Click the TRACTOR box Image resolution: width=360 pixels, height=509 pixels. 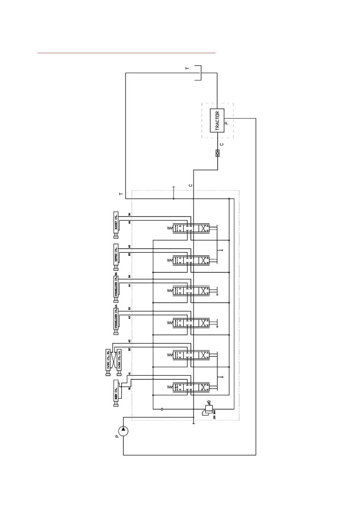[x=217, y=120]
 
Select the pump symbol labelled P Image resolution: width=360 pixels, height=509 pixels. [x=123, y=431]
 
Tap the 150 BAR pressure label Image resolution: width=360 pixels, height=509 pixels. [x=214, y=415]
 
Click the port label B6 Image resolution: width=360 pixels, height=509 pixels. [x=129, y=214]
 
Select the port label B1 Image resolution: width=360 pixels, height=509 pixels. [x=129, y=388]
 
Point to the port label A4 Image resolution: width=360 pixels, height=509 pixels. [x=129, y=285]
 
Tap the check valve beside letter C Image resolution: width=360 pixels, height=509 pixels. [x=217, y=153]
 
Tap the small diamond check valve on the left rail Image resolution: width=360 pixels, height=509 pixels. [x=162, y=409]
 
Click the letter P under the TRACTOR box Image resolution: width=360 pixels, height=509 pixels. [x=227, y=123]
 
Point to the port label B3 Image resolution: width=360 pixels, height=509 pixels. [x=129, y=309]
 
